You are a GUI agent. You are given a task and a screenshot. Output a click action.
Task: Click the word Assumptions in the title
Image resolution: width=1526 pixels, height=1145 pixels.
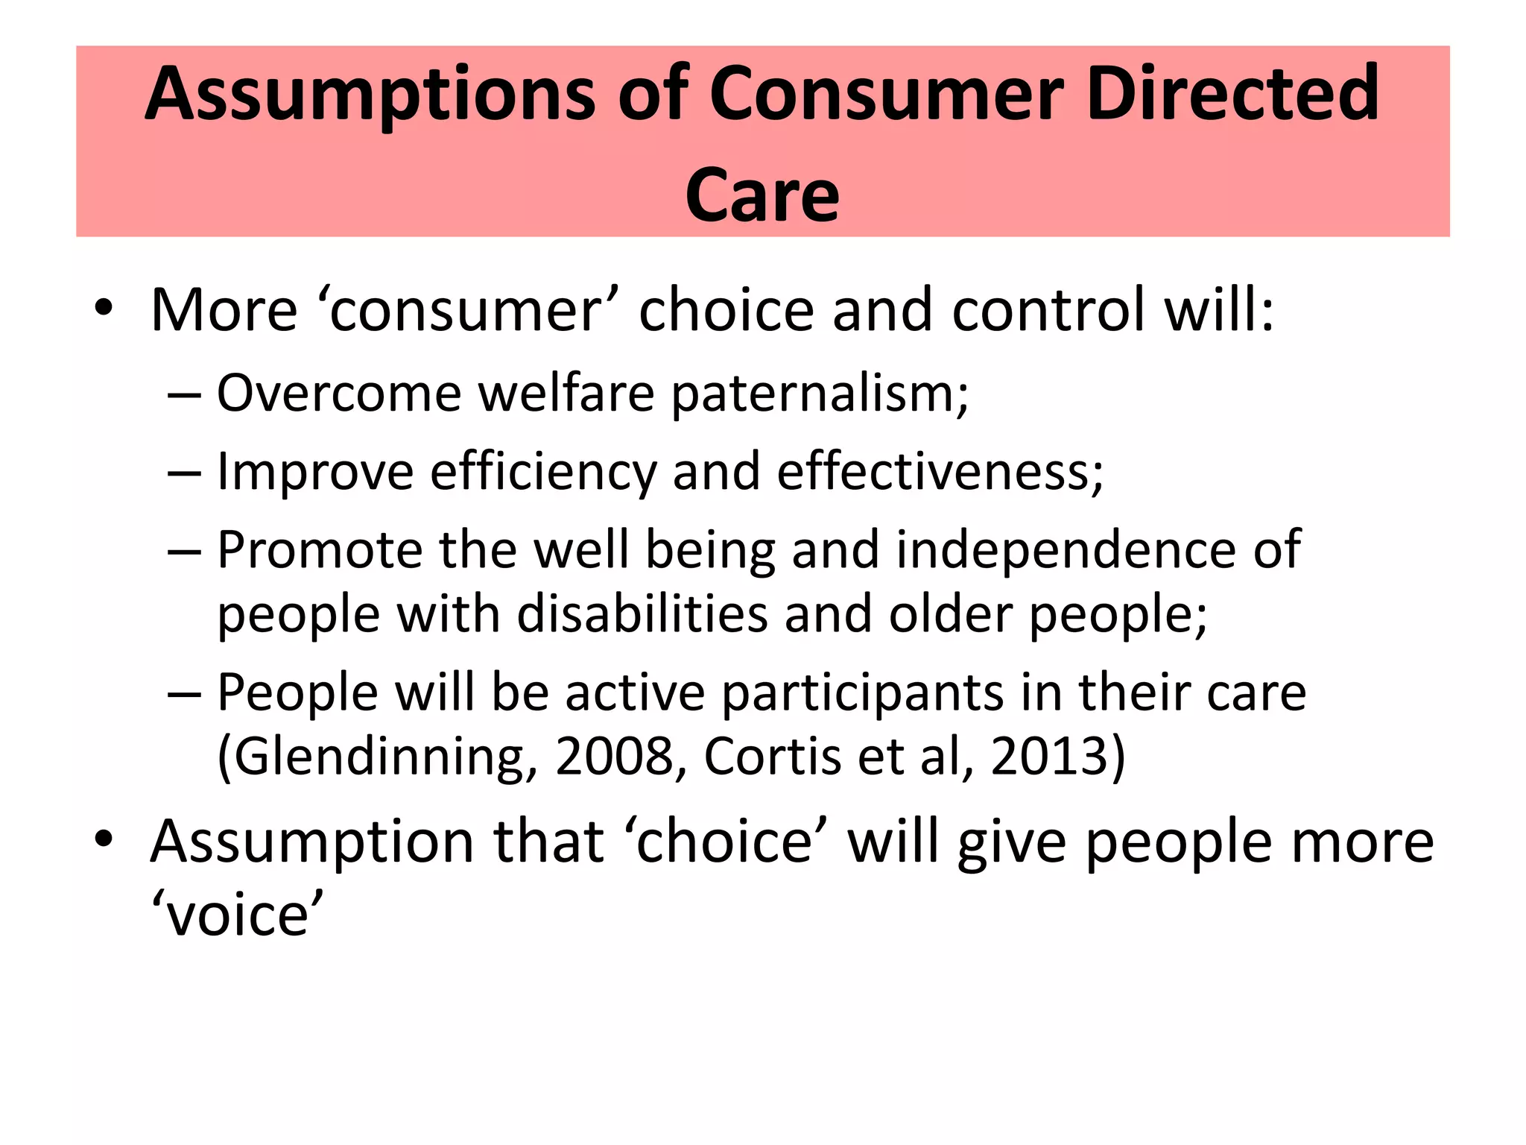[370, 95]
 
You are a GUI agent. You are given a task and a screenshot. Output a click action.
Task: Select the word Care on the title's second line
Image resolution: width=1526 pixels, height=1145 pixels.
[762, 195]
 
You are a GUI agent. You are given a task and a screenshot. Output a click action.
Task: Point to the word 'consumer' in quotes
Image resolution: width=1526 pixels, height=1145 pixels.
[468, 309]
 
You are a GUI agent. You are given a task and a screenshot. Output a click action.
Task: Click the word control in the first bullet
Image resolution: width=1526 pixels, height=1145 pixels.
[1048, 309]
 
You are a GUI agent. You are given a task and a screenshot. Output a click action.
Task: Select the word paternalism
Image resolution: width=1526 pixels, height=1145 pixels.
[820, 394]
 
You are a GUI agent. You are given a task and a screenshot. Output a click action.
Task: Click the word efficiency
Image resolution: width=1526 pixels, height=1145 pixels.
[543, 473]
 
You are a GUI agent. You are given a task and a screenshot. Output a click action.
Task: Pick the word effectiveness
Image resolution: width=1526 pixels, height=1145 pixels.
[940, 472]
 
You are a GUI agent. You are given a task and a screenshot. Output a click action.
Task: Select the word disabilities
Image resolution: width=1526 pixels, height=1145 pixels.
[642, 614]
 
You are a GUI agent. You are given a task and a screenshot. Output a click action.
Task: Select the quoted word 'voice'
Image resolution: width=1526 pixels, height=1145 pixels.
[237, 915]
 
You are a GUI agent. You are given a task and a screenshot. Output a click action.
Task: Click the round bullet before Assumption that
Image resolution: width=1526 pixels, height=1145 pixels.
[104, 839]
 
